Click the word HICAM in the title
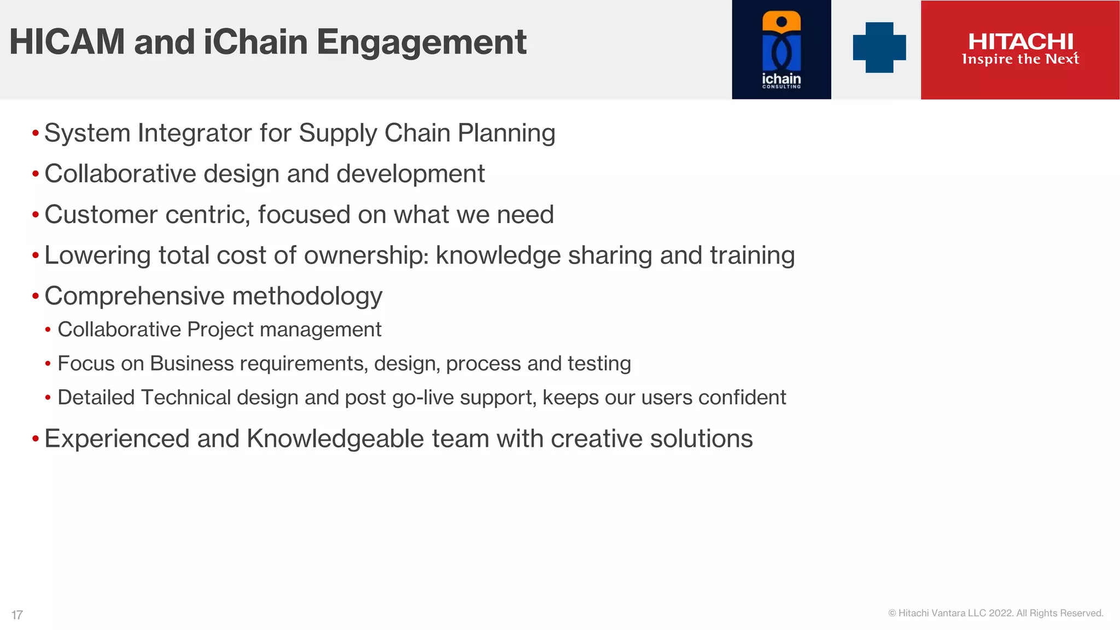point(67,43)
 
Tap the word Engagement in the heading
point(421,43)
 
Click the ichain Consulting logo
point(781,50)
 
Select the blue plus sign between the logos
point(879,48)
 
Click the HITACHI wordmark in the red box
point(1020,41)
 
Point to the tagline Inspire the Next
point(1020,59)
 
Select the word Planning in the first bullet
point(506,133)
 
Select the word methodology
point(307,296)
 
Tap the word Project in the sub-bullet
point(220,330)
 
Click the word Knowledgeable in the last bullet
point(335,439)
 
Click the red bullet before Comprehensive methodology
point(36,296)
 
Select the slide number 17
point(17,615)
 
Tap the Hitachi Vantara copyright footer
point(995,613)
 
